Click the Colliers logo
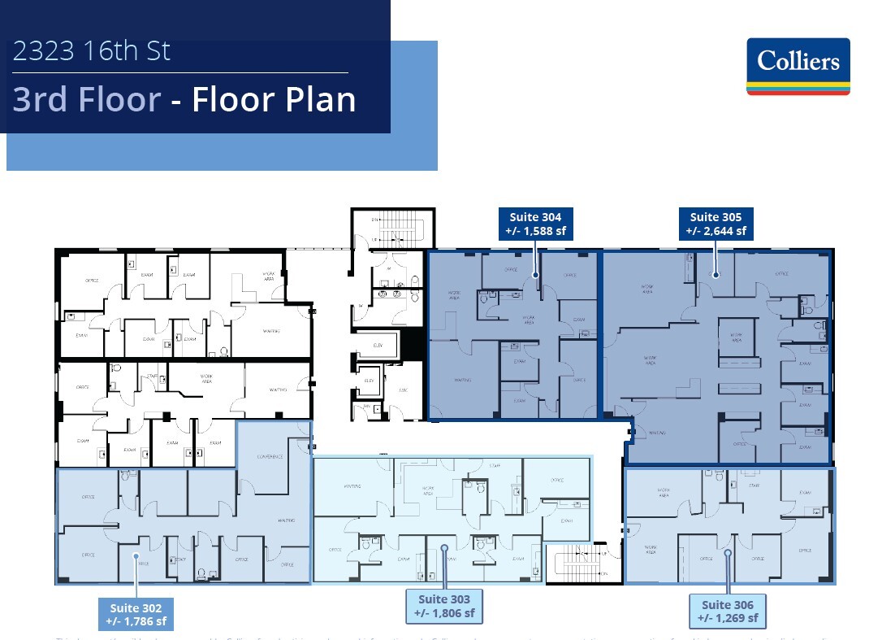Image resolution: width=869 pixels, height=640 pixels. coord(798,67)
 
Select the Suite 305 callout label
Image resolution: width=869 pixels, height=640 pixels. coord(716,224)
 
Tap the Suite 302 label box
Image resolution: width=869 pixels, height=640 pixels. coord(136,615)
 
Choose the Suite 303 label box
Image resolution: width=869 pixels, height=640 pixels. coord(444,607)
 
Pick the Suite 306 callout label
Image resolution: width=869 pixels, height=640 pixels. coord(728,612)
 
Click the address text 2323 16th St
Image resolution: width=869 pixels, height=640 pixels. coord(92,51)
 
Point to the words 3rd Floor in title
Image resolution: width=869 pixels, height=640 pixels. coord(87,100)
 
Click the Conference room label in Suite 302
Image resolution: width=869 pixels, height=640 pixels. coord(270,456)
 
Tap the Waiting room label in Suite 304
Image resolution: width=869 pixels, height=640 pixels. coord(462,380)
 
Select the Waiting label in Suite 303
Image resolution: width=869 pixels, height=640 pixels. coord(352,486)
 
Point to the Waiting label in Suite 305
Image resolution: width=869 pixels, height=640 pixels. coord(657,433)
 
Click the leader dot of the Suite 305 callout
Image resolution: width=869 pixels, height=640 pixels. coord(716,275)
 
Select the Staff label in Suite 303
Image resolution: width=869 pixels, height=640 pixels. coord(495,466)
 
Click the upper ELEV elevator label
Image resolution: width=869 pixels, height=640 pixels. coord(378,344)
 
